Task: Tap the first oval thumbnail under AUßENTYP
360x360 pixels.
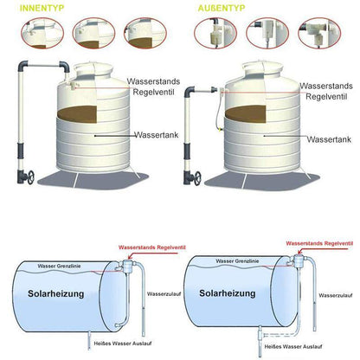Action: [212, 35]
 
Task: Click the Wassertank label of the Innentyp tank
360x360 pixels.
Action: [157, 136]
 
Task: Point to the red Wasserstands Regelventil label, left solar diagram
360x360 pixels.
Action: [152, 245]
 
